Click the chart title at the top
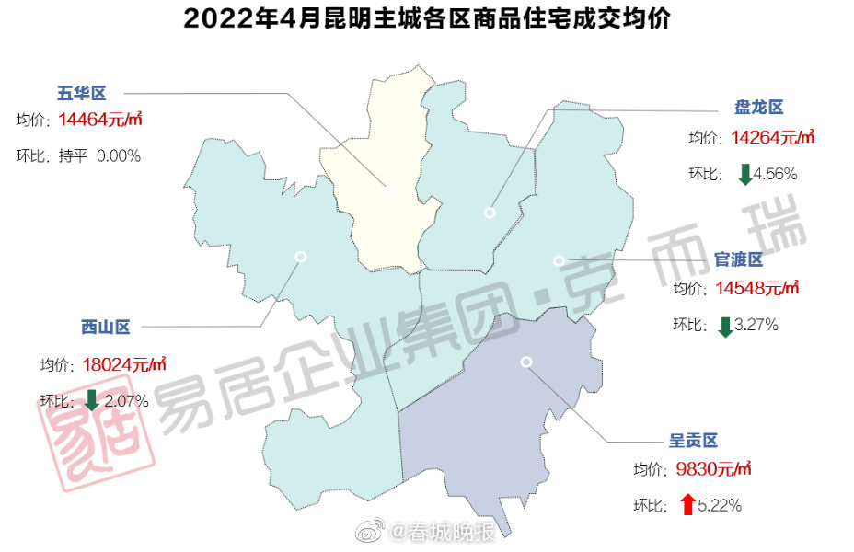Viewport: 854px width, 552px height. [x=427, y=19]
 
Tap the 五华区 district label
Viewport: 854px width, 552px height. [x=82, y=93]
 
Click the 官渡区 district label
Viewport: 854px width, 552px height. [x=739, y=259]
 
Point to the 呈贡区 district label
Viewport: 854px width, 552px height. [x=693, y=440]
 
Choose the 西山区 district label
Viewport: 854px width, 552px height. [x=105, y=327]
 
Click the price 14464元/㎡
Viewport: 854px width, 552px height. [x=99, y=121]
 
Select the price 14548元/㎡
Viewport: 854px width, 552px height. [x=756, y=288]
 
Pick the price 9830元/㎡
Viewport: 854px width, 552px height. [x=713, y=468]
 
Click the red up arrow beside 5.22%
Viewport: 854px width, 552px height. [x=687, y=504]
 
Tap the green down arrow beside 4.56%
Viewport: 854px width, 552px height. [x=745, y=173]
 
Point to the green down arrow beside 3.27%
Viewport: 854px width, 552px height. [x=725, y=325]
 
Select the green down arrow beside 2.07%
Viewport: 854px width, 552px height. [x=92, y=400]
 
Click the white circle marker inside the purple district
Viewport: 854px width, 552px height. [x=525, y=362]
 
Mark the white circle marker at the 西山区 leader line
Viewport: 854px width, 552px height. [x=299, y=257]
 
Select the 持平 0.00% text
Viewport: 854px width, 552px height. [x=99, y=156]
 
